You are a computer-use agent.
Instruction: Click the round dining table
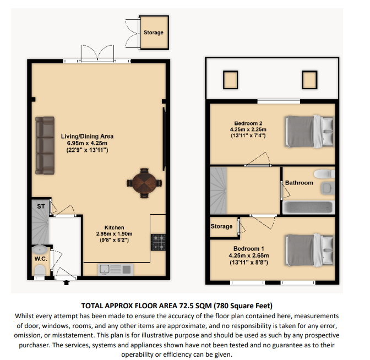coord(145,181)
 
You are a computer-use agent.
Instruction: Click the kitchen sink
coord(115,269)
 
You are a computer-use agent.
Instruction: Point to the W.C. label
coord(40,258)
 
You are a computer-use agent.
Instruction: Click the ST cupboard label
coord(40,206)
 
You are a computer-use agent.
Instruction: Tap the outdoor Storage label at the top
coord(154,32)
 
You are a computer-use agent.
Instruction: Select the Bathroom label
coord(299,183)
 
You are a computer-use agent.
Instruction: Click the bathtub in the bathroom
coord(308,209)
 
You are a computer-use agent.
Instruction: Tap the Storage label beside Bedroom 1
coord(221,226)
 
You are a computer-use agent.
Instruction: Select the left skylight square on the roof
coord(230,80)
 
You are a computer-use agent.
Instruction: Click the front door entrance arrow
coord(67,283)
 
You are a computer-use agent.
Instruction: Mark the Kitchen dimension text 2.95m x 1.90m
coord(115,233)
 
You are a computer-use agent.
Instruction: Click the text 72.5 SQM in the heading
coord(195,306)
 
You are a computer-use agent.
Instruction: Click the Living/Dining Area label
coord(88,136)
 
